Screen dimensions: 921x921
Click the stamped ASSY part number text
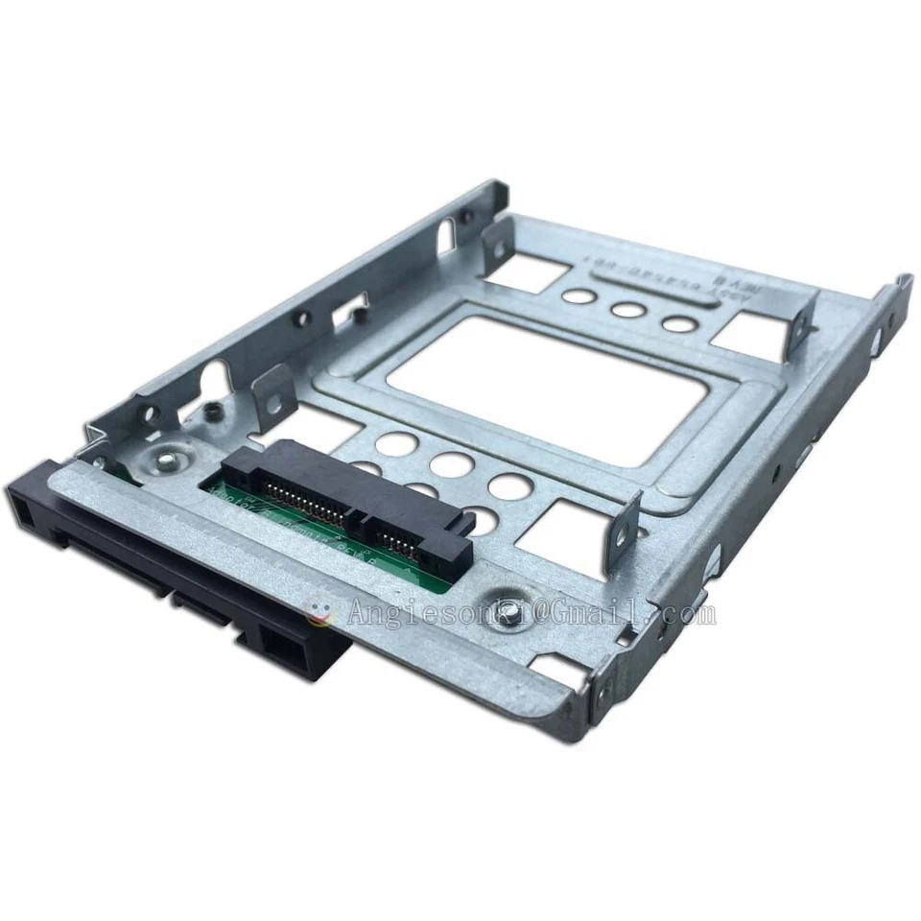pyautogui.click(x=652, y=278)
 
